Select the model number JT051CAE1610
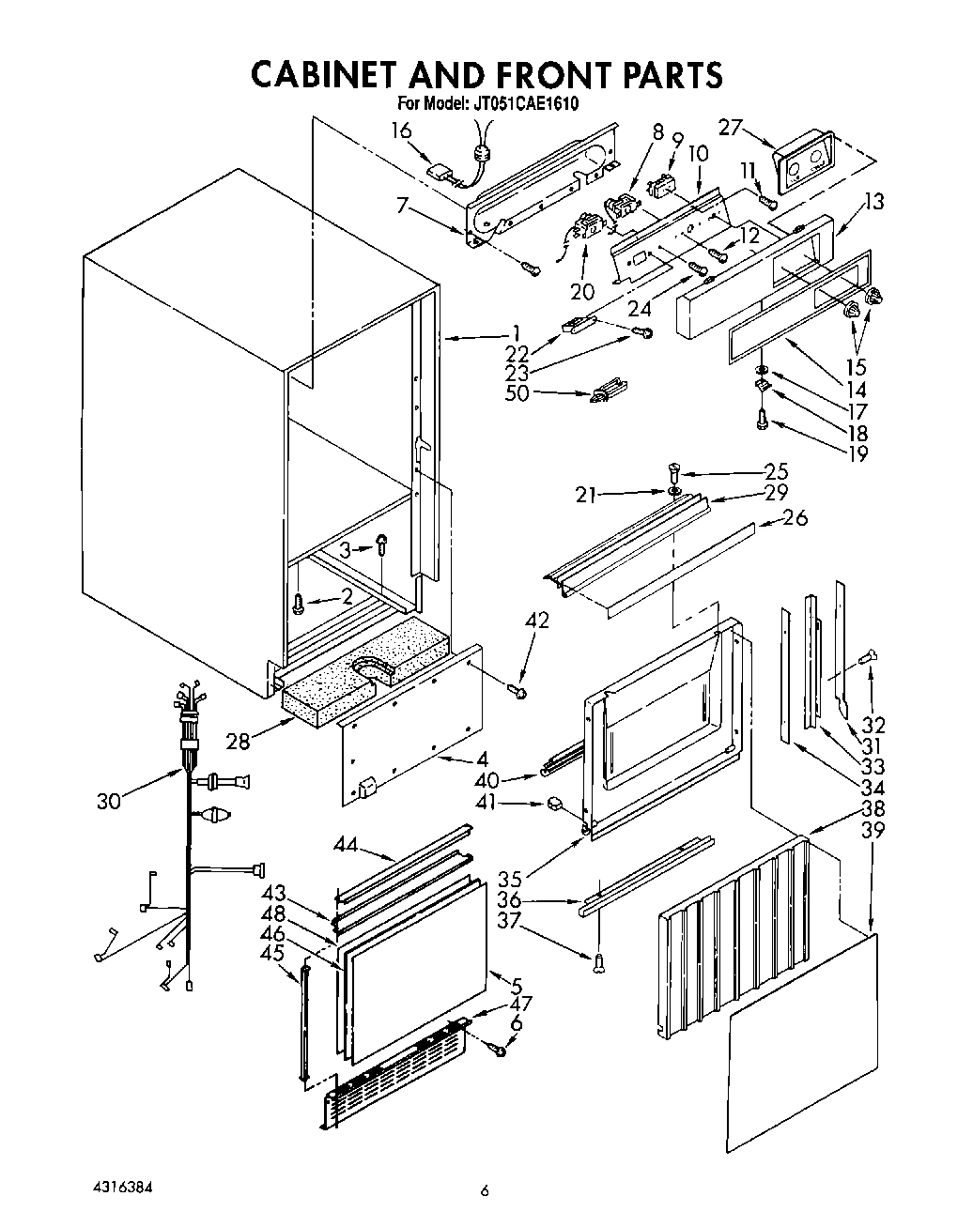point(524,104)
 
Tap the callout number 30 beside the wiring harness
point(110,801)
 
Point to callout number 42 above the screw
point(536,621)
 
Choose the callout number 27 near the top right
point(732,128)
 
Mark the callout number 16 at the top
point(401,130)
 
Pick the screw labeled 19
point(762,422)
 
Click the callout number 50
point(517,392)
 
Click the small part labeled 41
point(555,804)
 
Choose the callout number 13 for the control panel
point(874,200)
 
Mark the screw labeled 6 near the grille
point(499,1051)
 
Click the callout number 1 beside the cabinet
point(516,331)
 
